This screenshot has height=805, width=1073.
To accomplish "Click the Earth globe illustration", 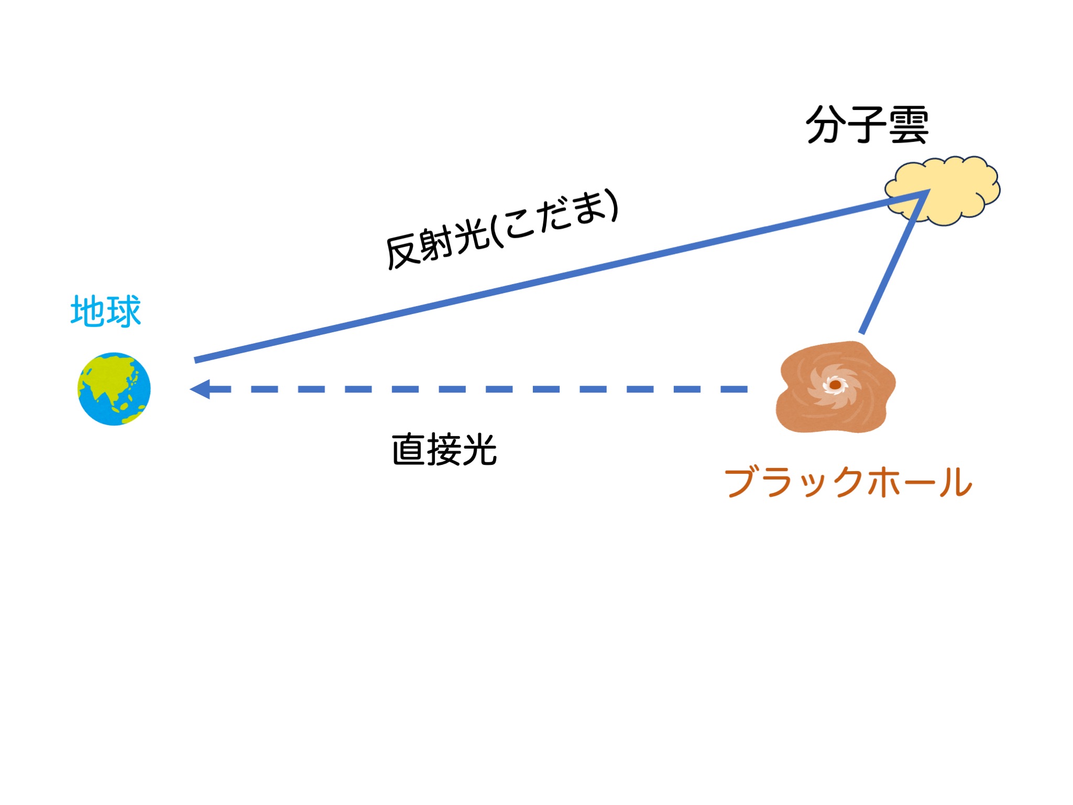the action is (114, 389).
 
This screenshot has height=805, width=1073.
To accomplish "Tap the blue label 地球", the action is (106, 311).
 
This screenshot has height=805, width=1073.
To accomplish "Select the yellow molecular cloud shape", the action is (942, 191).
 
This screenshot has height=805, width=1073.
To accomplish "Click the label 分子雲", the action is (867, 125).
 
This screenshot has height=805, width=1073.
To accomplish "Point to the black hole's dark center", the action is (835, 385).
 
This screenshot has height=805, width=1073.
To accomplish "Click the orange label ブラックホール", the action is (848, 482).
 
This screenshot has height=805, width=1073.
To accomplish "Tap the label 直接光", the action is (444, 450).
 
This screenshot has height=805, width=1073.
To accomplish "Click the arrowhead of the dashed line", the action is (200, 389).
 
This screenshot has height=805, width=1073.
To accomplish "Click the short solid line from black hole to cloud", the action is (894, 262).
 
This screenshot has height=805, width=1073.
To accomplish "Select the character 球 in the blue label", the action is (124, 311).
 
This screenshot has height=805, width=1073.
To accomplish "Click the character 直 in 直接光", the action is (409, 450).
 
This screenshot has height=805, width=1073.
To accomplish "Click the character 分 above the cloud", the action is (826, 125).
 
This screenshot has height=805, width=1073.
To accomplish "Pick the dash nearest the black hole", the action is (734, 389).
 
